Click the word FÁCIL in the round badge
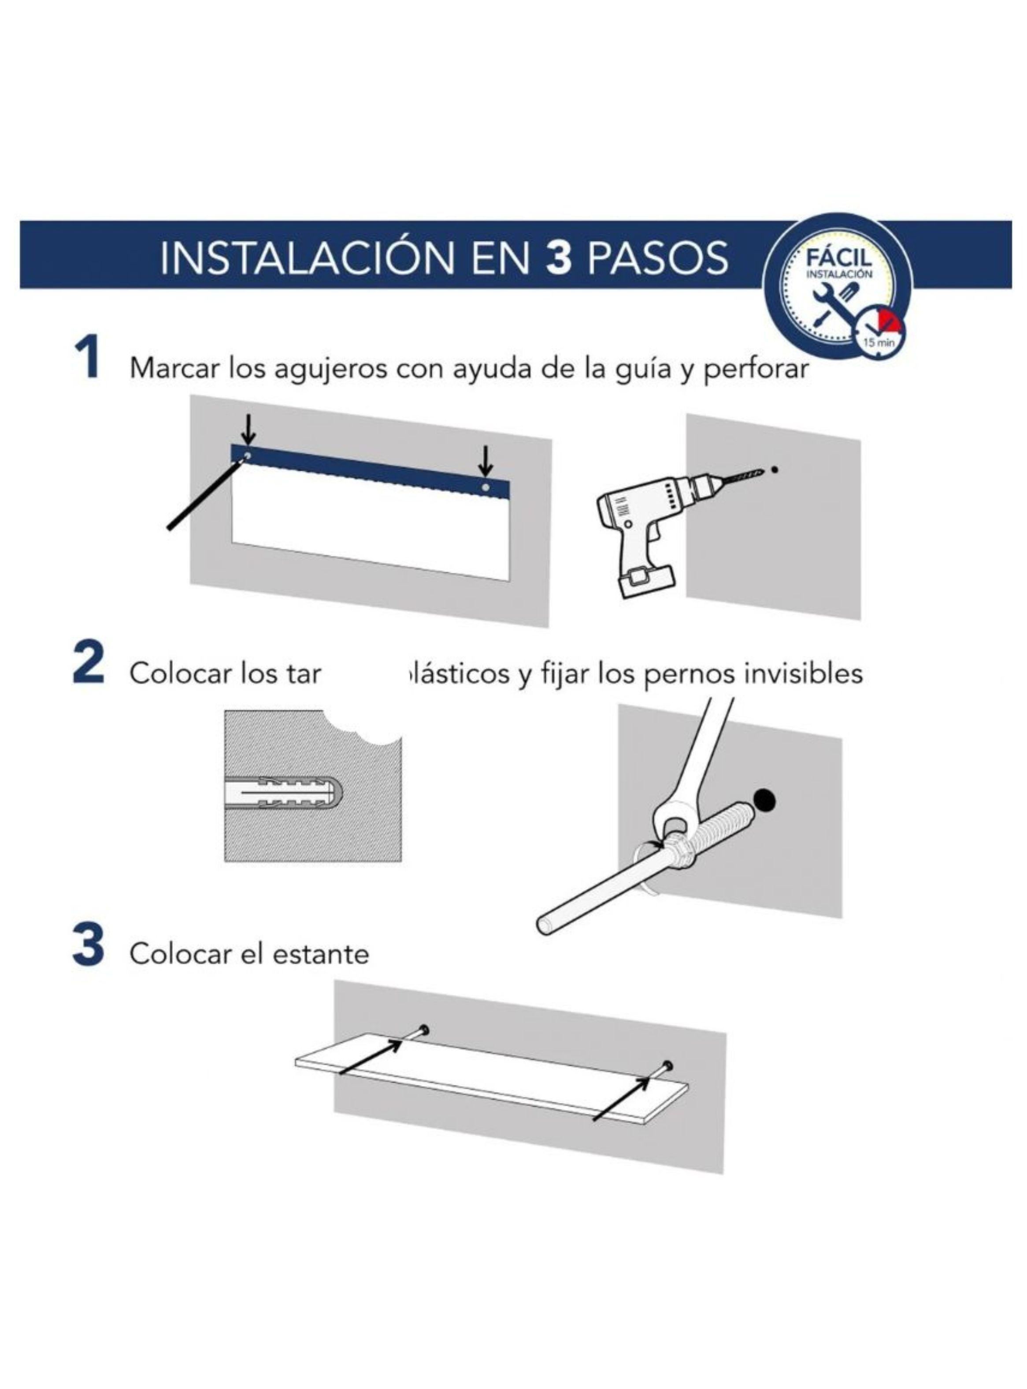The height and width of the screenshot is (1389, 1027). click(x=839, y=257)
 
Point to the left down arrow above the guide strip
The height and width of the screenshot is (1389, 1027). click(x=248, y=428)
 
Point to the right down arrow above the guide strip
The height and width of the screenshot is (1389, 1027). click(x=486, y=461)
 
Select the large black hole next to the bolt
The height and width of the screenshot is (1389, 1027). click(x=764, y=799)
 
